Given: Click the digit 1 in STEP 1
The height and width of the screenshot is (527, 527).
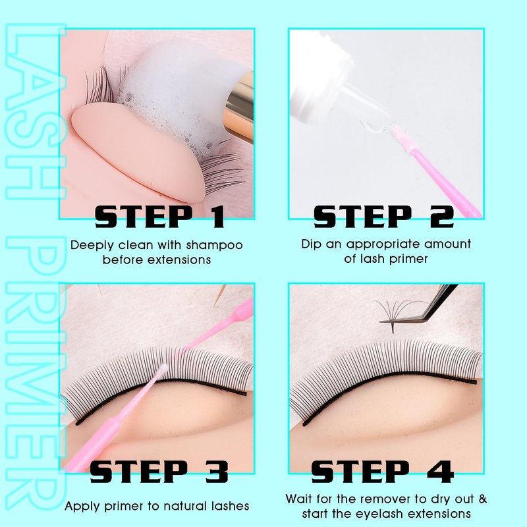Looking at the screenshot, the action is (x=216, y=217).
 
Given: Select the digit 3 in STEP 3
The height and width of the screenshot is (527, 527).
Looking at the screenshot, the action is (x=217, y=472).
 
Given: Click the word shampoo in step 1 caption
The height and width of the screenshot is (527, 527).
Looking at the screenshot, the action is (x=215, y=245).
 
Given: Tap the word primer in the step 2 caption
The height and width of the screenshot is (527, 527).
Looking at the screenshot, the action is (x=408, y=259).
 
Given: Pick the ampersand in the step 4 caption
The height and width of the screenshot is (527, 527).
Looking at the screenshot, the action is (x=483, y=499).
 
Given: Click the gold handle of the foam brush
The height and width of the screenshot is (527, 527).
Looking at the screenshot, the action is (x=240, y=107).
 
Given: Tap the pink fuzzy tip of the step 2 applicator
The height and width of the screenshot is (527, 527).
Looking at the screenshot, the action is (x=402, y=137).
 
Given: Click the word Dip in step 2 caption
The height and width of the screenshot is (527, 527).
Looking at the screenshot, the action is (x=311, y=244).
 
